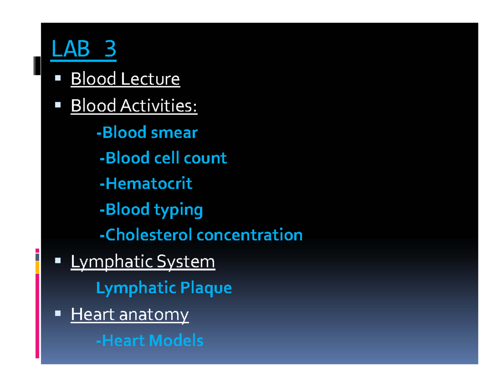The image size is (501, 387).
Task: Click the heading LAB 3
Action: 83,50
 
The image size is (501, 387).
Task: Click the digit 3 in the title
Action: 110,50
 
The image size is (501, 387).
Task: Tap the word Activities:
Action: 159,106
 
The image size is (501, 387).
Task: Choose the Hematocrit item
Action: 146,184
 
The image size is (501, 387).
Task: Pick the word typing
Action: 178,210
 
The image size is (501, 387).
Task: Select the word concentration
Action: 250,235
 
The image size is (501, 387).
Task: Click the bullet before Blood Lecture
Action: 58,78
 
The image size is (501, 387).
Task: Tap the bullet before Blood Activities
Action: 58,105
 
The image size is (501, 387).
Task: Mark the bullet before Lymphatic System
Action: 58,261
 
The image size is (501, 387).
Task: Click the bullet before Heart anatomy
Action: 58,313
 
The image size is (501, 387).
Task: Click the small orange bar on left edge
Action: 37,267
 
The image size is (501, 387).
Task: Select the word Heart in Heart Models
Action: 119,341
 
